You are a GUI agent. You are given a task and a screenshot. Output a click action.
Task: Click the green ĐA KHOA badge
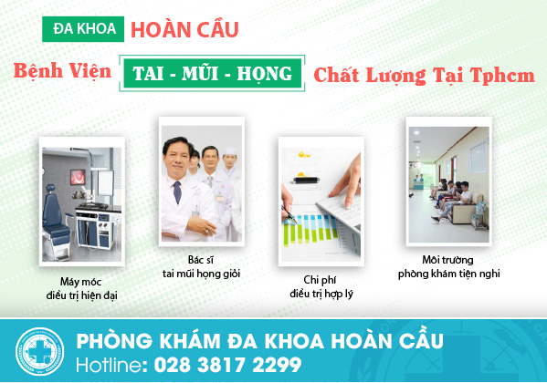pyautogui.click(x=83, y=29)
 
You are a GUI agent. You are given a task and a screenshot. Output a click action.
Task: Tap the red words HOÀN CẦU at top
pyautogui.click(x=184, y=29)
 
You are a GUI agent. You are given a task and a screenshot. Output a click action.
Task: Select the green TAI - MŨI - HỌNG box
pyautogui.click(x=212, y=73)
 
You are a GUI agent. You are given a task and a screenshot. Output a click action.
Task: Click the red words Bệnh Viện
pyautogui.click(x=62, y=71)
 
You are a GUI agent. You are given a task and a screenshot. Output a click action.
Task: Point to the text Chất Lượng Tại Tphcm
pyautogui.click(x=424, y=75)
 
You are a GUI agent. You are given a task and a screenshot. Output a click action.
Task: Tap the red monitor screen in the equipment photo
pyautogui.click(x=78, y=177)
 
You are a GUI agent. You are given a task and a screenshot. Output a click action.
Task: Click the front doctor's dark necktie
pyautogui.click(x=177, y=192)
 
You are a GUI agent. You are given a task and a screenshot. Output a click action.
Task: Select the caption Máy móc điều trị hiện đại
pyautogui.click(x=81, y=288)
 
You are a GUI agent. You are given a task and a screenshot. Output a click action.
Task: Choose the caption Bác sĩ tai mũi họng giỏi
pyautogui.click(x=201, y=266)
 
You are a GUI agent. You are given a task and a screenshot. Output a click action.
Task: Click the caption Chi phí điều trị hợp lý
pyautogui.click(x=321, y=286)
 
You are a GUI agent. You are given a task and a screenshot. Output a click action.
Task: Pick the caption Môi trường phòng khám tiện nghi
pyautogui.click(x=449, y=266)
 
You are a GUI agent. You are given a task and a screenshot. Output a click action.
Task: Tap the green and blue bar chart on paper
pyautogui.click(x=310, y=229)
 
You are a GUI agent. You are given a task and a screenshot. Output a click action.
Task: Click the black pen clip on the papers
pyautogui.click(x=306, y=181)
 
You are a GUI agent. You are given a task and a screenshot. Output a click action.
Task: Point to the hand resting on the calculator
pyautogui.click(x=345, y=181)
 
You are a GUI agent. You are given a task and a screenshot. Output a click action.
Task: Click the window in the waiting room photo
pyautogui.click(x=479, y=157)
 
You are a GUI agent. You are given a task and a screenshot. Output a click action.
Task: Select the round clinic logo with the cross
pyautogui.click(x=39, y=351)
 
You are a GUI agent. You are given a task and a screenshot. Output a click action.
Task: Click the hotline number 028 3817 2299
pyautogui.click(x=227, y=365)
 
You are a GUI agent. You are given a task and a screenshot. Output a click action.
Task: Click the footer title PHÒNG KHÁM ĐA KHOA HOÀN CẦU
pyautogui.click(x=260, y=340)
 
